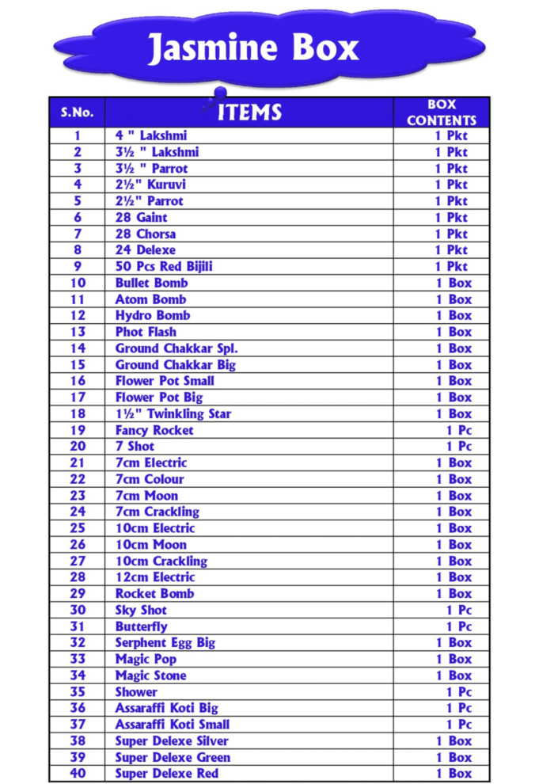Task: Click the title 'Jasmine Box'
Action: tap(253, 49)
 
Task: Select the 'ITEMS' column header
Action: tap(249, 112)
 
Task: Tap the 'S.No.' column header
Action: tap(77, 112)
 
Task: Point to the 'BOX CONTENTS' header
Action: tap(442, 112)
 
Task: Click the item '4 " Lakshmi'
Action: tap(151, 135)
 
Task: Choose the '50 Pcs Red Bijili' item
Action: tap(164, 266)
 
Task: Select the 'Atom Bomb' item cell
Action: tap(151, 299)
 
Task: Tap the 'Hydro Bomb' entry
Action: tap(153, 315)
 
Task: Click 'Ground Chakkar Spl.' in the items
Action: tap(176, 348)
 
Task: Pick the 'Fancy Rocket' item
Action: tap(154, 430)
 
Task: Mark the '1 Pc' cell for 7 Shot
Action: tap(458, 447)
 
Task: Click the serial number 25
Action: tap(78, 528)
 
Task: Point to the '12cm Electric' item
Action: tap(155, 577)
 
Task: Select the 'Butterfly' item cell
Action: tap(142, 626)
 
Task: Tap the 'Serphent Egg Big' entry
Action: tap(165, 642)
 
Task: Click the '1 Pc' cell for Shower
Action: tap(458, 691)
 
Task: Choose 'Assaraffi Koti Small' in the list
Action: tap(173, 724)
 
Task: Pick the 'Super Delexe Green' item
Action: tap(173, 757)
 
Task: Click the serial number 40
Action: tap(78, 773)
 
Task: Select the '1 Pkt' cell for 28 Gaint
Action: tap(451, 217)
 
